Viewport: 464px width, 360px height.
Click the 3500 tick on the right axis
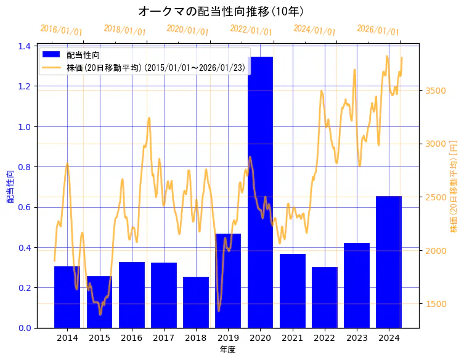click(x=436, y=91)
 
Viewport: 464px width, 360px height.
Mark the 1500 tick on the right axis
click(x=436, y=304)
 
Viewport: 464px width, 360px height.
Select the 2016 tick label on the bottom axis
click(x=132, y=338)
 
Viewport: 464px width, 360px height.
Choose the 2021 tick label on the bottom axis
click(x=293, y=338)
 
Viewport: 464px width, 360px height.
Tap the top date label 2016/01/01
click(x=61, y=30)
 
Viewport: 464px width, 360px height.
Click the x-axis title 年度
click(x=227, y=350)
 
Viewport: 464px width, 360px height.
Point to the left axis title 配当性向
click(x=10, y=186)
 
